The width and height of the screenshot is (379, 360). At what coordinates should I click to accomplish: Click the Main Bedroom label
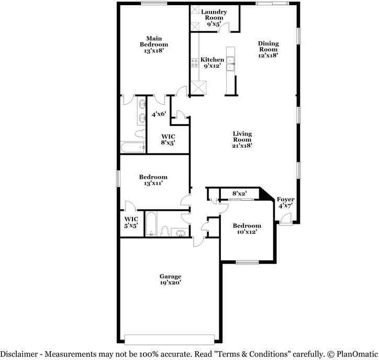pyautogui.click(x=153, y=45)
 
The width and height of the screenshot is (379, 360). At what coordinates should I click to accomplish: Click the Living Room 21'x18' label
pyautogui.click(x=242, y=140)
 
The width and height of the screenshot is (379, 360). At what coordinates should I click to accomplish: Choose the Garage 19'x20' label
pyautogui.click(x=171, y=279)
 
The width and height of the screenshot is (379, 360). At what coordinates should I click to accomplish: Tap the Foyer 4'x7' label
pyautogui.click(x=286, y=203)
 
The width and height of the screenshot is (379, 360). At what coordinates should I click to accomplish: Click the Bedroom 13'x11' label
pyautogui.click(x=153, y=180)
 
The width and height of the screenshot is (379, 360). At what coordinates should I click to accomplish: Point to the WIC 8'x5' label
pyautogui.click(x=168, y=139)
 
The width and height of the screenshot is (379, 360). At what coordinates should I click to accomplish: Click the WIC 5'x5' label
pyautogui.click(x=131, y=222)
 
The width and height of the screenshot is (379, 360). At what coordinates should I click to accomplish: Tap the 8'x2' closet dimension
pyautogui.click(x=239, y=194)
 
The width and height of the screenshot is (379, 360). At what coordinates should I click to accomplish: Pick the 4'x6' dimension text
pyautogui.click(x=159, y=114)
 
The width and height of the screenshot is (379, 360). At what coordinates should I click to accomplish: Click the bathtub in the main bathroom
pyautogui.click(x=133, y=147)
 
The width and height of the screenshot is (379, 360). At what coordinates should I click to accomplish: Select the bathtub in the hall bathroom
pyautogui.click(x=150, y=224)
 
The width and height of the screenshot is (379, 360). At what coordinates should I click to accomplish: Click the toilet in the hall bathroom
pyautogui.click(x=164, y=231)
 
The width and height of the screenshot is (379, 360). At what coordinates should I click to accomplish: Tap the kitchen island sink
pyautogui.click(x=230, y=62)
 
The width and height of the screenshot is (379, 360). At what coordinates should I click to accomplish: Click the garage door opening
pyautogui.click(x=169, y=337)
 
